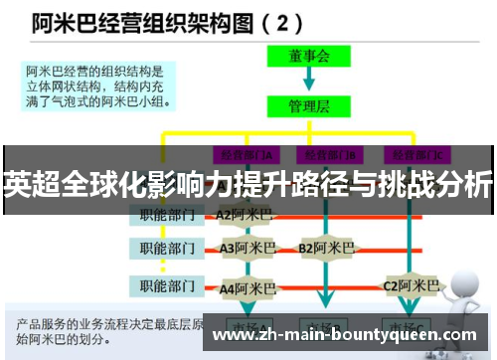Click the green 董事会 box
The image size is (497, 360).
point(309,58)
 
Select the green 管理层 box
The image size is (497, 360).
point(309,102)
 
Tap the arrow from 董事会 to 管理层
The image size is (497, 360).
point(309,80)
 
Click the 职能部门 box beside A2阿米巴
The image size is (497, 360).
point(167,214)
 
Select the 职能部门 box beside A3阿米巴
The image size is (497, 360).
point(167,248)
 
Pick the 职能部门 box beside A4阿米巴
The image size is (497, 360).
point(167,287)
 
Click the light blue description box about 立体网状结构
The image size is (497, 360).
point(99,85)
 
